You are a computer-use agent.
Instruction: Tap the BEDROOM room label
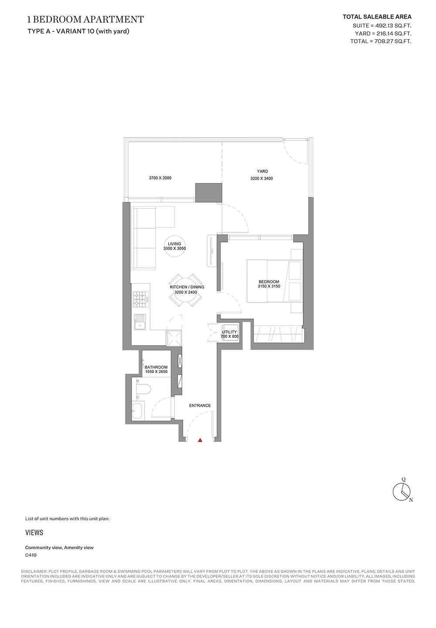tap(269, 282)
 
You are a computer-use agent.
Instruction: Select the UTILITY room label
tap(229, 332)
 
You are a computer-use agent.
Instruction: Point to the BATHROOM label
tap(156, 367)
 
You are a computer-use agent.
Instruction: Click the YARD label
tap(262, 171)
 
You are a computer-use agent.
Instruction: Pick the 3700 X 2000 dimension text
tap(160, 178)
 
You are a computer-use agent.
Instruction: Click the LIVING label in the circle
tap(174, 244)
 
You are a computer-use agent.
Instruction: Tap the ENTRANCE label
tap(200, 405)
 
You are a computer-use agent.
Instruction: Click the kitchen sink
tap(140, 322)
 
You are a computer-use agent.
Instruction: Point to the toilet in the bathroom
tap(143, 389)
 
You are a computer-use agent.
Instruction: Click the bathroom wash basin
tap(138, 411)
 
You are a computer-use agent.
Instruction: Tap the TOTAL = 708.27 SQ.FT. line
tap(381, 41)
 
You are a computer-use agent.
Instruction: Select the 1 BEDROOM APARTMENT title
tap(85, 19)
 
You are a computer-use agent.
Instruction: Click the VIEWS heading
tap(34, 533)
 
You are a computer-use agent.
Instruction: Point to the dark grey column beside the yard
tap(208, 193)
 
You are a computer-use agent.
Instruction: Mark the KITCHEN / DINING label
tap(187, 287)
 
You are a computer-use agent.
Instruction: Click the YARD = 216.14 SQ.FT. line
tap(383, 34)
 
